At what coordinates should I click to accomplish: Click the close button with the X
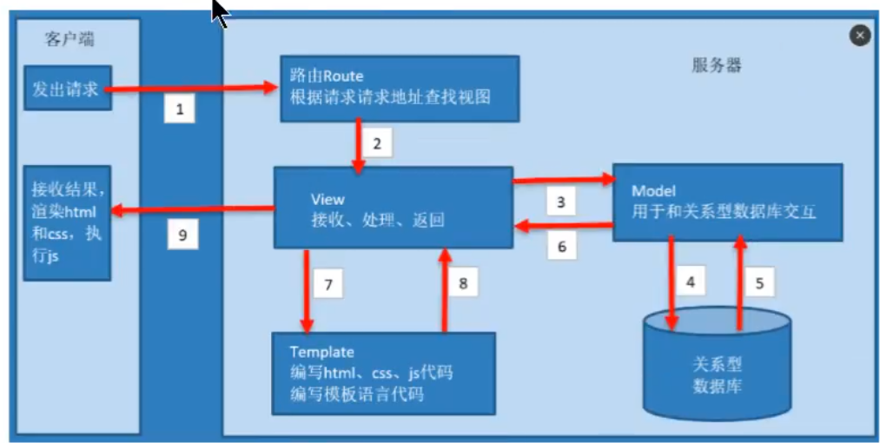[859, 36]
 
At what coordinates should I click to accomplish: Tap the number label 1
[180, 109]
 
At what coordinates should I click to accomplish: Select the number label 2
[377, 143]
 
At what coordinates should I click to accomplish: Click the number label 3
[561, 202]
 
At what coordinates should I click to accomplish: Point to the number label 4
[691, 282]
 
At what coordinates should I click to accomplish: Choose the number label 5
[759, 282]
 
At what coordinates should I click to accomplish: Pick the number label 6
[561, 246]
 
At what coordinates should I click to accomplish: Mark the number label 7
[328, 283]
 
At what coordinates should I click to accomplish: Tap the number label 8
[463, 283]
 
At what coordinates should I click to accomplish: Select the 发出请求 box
[68, 88]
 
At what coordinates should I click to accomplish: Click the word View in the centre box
[328, 200]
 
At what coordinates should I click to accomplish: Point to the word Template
[322, 352]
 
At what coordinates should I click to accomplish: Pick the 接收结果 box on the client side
[68, 222]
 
